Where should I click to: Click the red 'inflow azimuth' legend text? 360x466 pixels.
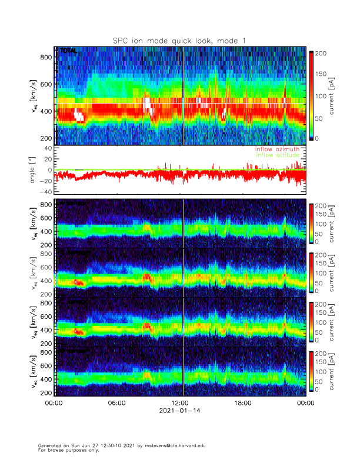point(276,150)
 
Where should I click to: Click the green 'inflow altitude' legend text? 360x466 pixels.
point(276,156)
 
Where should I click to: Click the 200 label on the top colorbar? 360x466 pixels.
point(321,54)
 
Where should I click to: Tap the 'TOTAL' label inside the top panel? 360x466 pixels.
point(68,51)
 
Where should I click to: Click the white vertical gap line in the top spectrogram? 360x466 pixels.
point(184,94)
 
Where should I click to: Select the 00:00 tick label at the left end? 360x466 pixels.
point(54,404)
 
